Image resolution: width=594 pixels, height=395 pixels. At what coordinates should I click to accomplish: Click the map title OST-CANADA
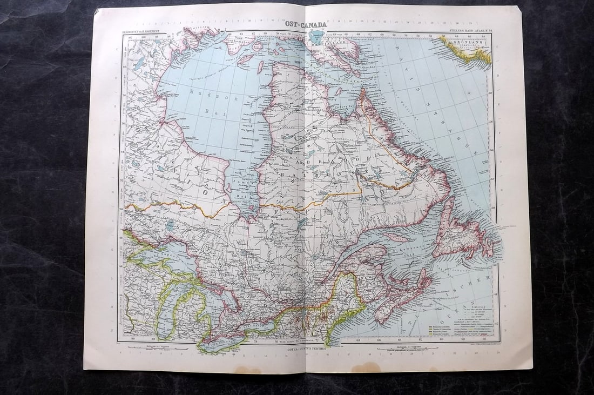pyautogui.click(x=306, y=24)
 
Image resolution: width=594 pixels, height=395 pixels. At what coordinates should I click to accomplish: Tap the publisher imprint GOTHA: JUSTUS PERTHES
pyautogui.click(x=306, y=349)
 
